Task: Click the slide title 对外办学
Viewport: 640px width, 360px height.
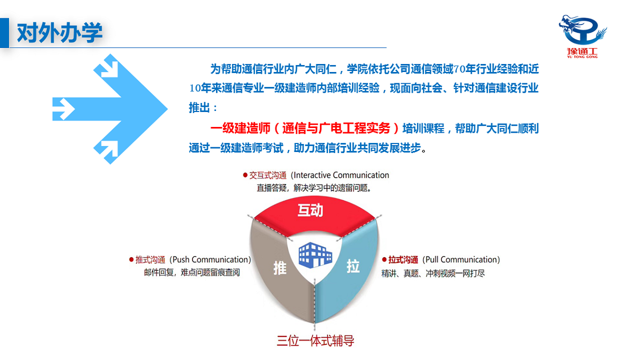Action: click(x=59, y=33)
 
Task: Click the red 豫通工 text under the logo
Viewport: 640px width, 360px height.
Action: click(x=582, y=53)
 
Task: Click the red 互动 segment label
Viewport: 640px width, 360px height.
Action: click(x=310, y=210)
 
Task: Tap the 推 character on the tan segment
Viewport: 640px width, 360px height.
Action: click(x=280, y=267)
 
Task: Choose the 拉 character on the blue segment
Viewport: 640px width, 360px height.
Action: click(x=353, y=266)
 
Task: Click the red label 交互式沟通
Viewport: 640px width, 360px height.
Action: click(x=268, y=175)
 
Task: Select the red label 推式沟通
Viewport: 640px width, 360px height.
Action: click(x=150, y=260)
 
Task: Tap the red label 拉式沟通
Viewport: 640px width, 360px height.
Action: click(x=403, y=260)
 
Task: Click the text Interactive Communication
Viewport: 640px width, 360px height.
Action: click(x=341, y=175)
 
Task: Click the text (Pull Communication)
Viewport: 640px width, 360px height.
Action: click(x=461, y=260)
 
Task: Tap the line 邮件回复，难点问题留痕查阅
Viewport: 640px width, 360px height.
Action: click(x=191, y=273)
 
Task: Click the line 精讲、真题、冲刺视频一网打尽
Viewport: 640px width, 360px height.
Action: click(x=433, y=273)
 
